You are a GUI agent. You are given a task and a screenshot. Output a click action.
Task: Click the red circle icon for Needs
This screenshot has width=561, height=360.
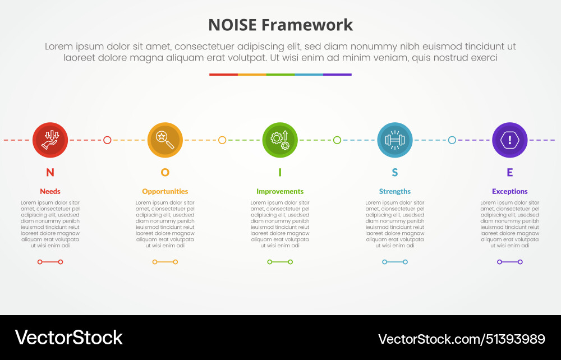click(50, 140)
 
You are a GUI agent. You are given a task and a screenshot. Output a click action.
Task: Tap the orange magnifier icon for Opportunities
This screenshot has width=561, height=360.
click(165, 140)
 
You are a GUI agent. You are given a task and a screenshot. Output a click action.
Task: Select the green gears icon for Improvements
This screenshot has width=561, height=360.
click(280, 140)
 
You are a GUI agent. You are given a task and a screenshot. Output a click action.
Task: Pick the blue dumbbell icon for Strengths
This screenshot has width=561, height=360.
click(395, 140)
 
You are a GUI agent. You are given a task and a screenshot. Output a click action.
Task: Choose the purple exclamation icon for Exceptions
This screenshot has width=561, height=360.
click(509, 140)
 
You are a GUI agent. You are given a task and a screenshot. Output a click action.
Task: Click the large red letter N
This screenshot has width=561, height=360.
click(50, 173)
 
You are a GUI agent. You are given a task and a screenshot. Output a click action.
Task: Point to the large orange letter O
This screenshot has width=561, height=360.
click(165, 173)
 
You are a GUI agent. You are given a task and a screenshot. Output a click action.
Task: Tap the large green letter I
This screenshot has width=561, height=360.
click(280, 173)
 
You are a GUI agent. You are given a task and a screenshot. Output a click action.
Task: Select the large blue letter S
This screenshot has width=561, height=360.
click(395, 173)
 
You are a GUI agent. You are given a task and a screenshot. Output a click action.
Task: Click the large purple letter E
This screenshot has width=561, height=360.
click(509, 173)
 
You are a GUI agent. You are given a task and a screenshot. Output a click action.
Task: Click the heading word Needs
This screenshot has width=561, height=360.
click(50, 191)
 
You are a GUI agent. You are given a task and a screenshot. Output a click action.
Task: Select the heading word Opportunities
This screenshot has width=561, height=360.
click(165, 191)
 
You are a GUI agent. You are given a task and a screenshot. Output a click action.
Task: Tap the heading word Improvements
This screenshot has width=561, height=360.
click(280, 191)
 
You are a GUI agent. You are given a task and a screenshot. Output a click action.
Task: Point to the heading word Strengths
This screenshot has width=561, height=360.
click(395, 191)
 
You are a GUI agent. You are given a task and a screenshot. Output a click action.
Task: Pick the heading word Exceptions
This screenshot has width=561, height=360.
click(509, 191)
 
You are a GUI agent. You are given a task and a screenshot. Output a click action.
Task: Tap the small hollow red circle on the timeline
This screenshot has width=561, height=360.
click(107, 140)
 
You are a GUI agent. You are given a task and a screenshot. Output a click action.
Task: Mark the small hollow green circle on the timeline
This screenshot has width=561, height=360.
click(337, 140)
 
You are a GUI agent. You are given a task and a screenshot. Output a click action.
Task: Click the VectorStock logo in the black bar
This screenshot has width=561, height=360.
click(68, 338)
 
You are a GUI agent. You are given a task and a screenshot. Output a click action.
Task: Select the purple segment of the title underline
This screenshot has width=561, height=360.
click(337, 74)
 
